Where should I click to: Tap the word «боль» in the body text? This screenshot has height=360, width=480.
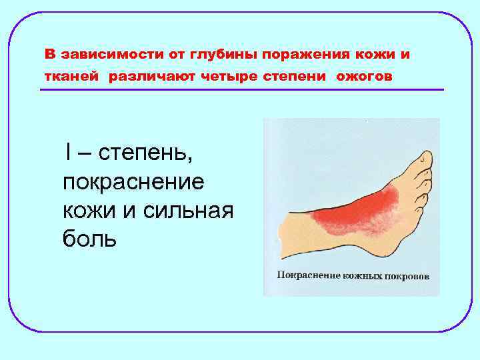coord(89,238)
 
